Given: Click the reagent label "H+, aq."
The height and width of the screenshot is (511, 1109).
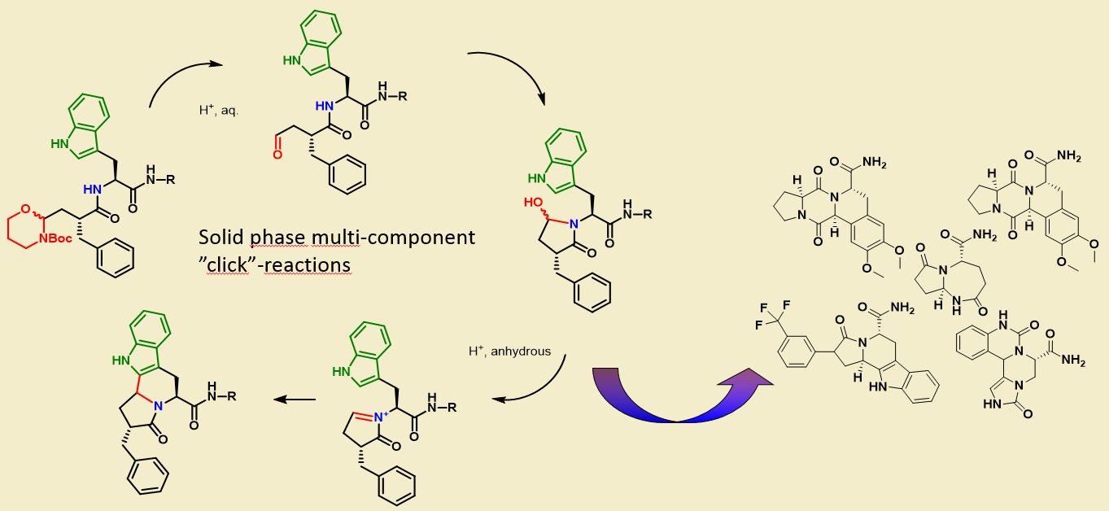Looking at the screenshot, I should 217,110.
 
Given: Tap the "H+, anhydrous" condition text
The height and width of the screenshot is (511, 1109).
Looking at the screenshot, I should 509,352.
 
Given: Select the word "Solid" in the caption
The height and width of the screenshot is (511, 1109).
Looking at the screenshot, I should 218,238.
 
